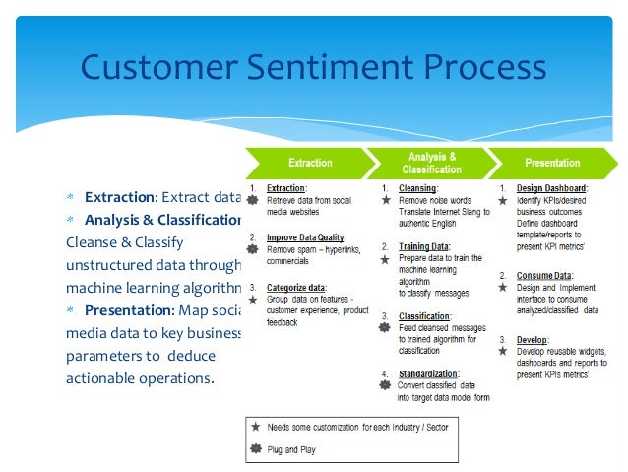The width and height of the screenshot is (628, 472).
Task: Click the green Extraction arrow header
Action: tap(309, 163)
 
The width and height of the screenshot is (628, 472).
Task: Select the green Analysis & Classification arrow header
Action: tap(432, 163)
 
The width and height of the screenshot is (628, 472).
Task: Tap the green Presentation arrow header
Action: tap(552, 163)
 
